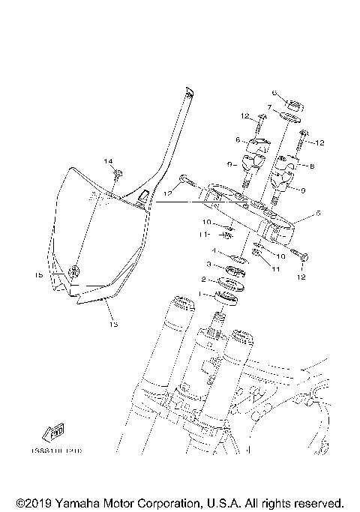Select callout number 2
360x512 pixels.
(x=203, y=279)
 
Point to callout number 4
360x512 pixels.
(x=214, y=251)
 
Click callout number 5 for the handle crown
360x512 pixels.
(x=318, y=214)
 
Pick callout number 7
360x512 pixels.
(x=269, y=107)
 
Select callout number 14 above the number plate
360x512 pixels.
(x=108, y=161)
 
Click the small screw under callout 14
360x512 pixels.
(x=118, y=175)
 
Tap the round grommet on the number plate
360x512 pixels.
(x=73, y=271)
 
